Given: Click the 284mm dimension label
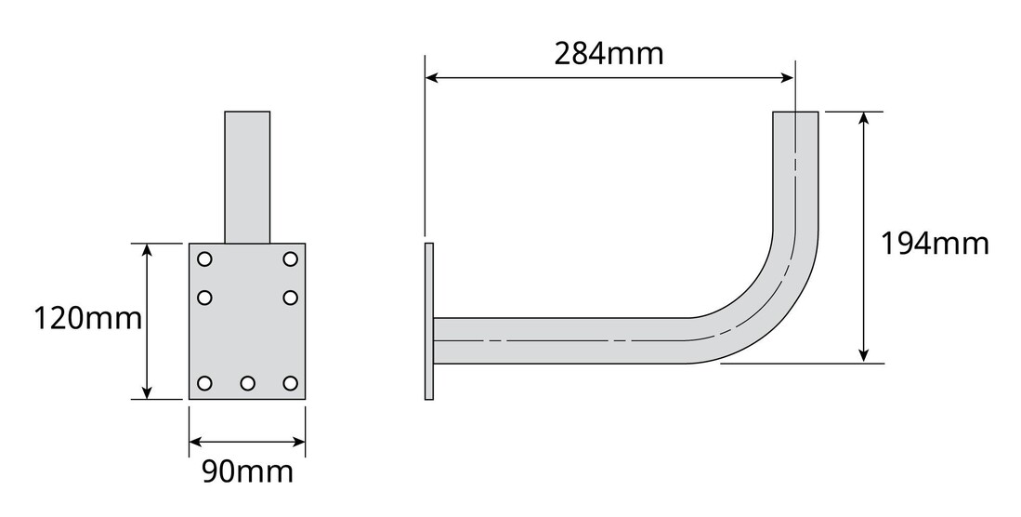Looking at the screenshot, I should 609,53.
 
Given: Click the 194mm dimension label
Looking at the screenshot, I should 934,244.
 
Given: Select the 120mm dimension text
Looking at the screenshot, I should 87,319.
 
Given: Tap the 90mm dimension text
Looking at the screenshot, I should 247,471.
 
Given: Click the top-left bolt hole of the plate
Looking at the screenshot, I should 205,258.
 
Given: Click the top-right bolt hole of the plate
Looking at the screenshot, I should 290,258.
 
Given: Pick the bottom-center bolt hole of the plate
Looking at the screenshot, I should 247,383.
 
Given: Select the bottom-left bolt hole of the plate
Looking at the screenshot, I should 205,383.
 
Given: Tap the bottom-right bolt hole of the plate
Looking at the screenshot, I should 290,383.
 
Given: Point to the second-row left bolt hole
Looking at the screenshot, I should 205,298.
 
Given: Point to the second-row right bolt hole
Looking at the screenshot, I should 290,298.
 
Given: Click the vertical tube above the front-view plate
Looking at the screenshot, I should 247,177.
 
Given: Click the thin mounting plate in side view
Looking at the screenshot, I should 428,322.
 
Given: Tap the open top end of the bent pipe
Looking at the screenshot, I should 796,113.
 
